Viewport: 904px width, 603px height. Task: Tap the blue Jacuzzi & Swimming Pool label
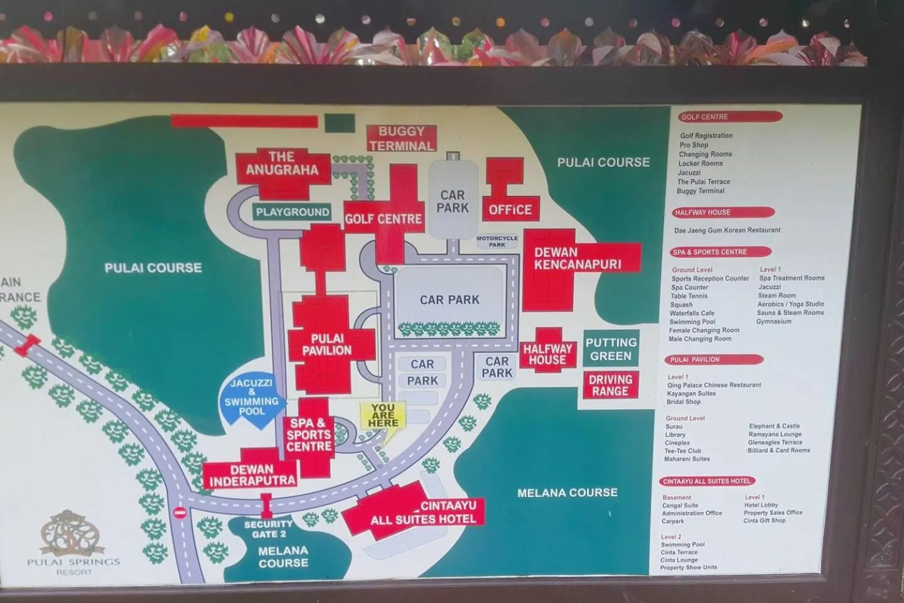coord(252,398)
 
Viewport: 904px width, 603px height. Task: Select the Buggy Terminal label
coord(401,138)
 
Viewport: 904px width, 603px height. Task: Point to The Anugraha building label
coord(282,164)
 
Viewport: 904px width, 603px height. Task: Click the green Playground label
coord(293,212)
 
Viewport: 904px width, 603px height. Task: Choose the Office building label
coord(510,210)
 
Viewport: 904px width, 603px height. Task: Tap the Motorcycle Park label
coord(497,241)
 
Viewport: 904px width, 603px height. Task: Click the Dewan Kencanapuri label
coord(578,259)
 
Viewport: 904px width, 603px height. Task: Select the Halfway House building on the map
coord(547,354)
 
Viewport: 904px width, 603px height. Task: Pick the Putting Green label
coord(611,349)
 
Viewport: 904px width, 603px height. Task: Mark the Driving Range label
coord(610,385)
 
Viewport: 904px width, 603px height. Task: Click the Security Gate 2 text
coord(269,529)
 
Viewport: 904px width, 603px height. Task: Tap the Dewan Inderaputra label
coord(252,475)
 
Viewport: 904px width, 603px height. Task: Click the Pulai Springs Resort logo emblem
coord(70,533)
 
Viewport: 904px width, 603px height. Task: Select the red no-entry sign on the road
coord(180,513)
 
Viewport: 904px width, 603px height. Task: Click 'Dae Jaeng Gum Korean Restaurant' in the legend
coord(727,231)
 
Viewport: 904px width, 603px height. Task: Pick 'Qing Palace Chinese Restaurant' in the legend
coord(714,385)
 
